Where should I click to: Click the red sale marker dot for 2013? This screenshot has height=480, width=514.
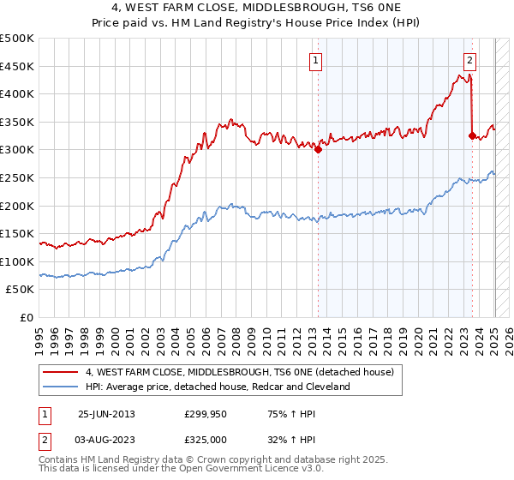(x=318, y=149)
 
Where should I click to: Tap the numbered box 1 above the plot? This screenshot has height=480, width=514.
(x=316, y=60)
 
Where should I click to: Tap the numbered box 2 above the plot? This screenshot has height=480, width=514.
(x=470, y=60)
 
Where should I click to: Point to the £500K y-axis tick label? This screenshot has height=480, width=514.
(x=17, y=39)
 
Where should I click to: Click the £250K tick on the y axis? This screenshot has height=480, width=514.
(x=17, y=177)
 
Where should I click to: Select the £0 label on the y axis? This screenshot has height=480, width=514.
(x=27, y=317)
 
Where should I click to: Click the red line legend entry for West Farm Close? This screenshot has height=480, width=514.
(x=239, y=372)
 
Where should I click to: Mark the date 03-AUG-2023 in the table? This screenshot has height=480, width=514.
(x=106, y=439)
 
